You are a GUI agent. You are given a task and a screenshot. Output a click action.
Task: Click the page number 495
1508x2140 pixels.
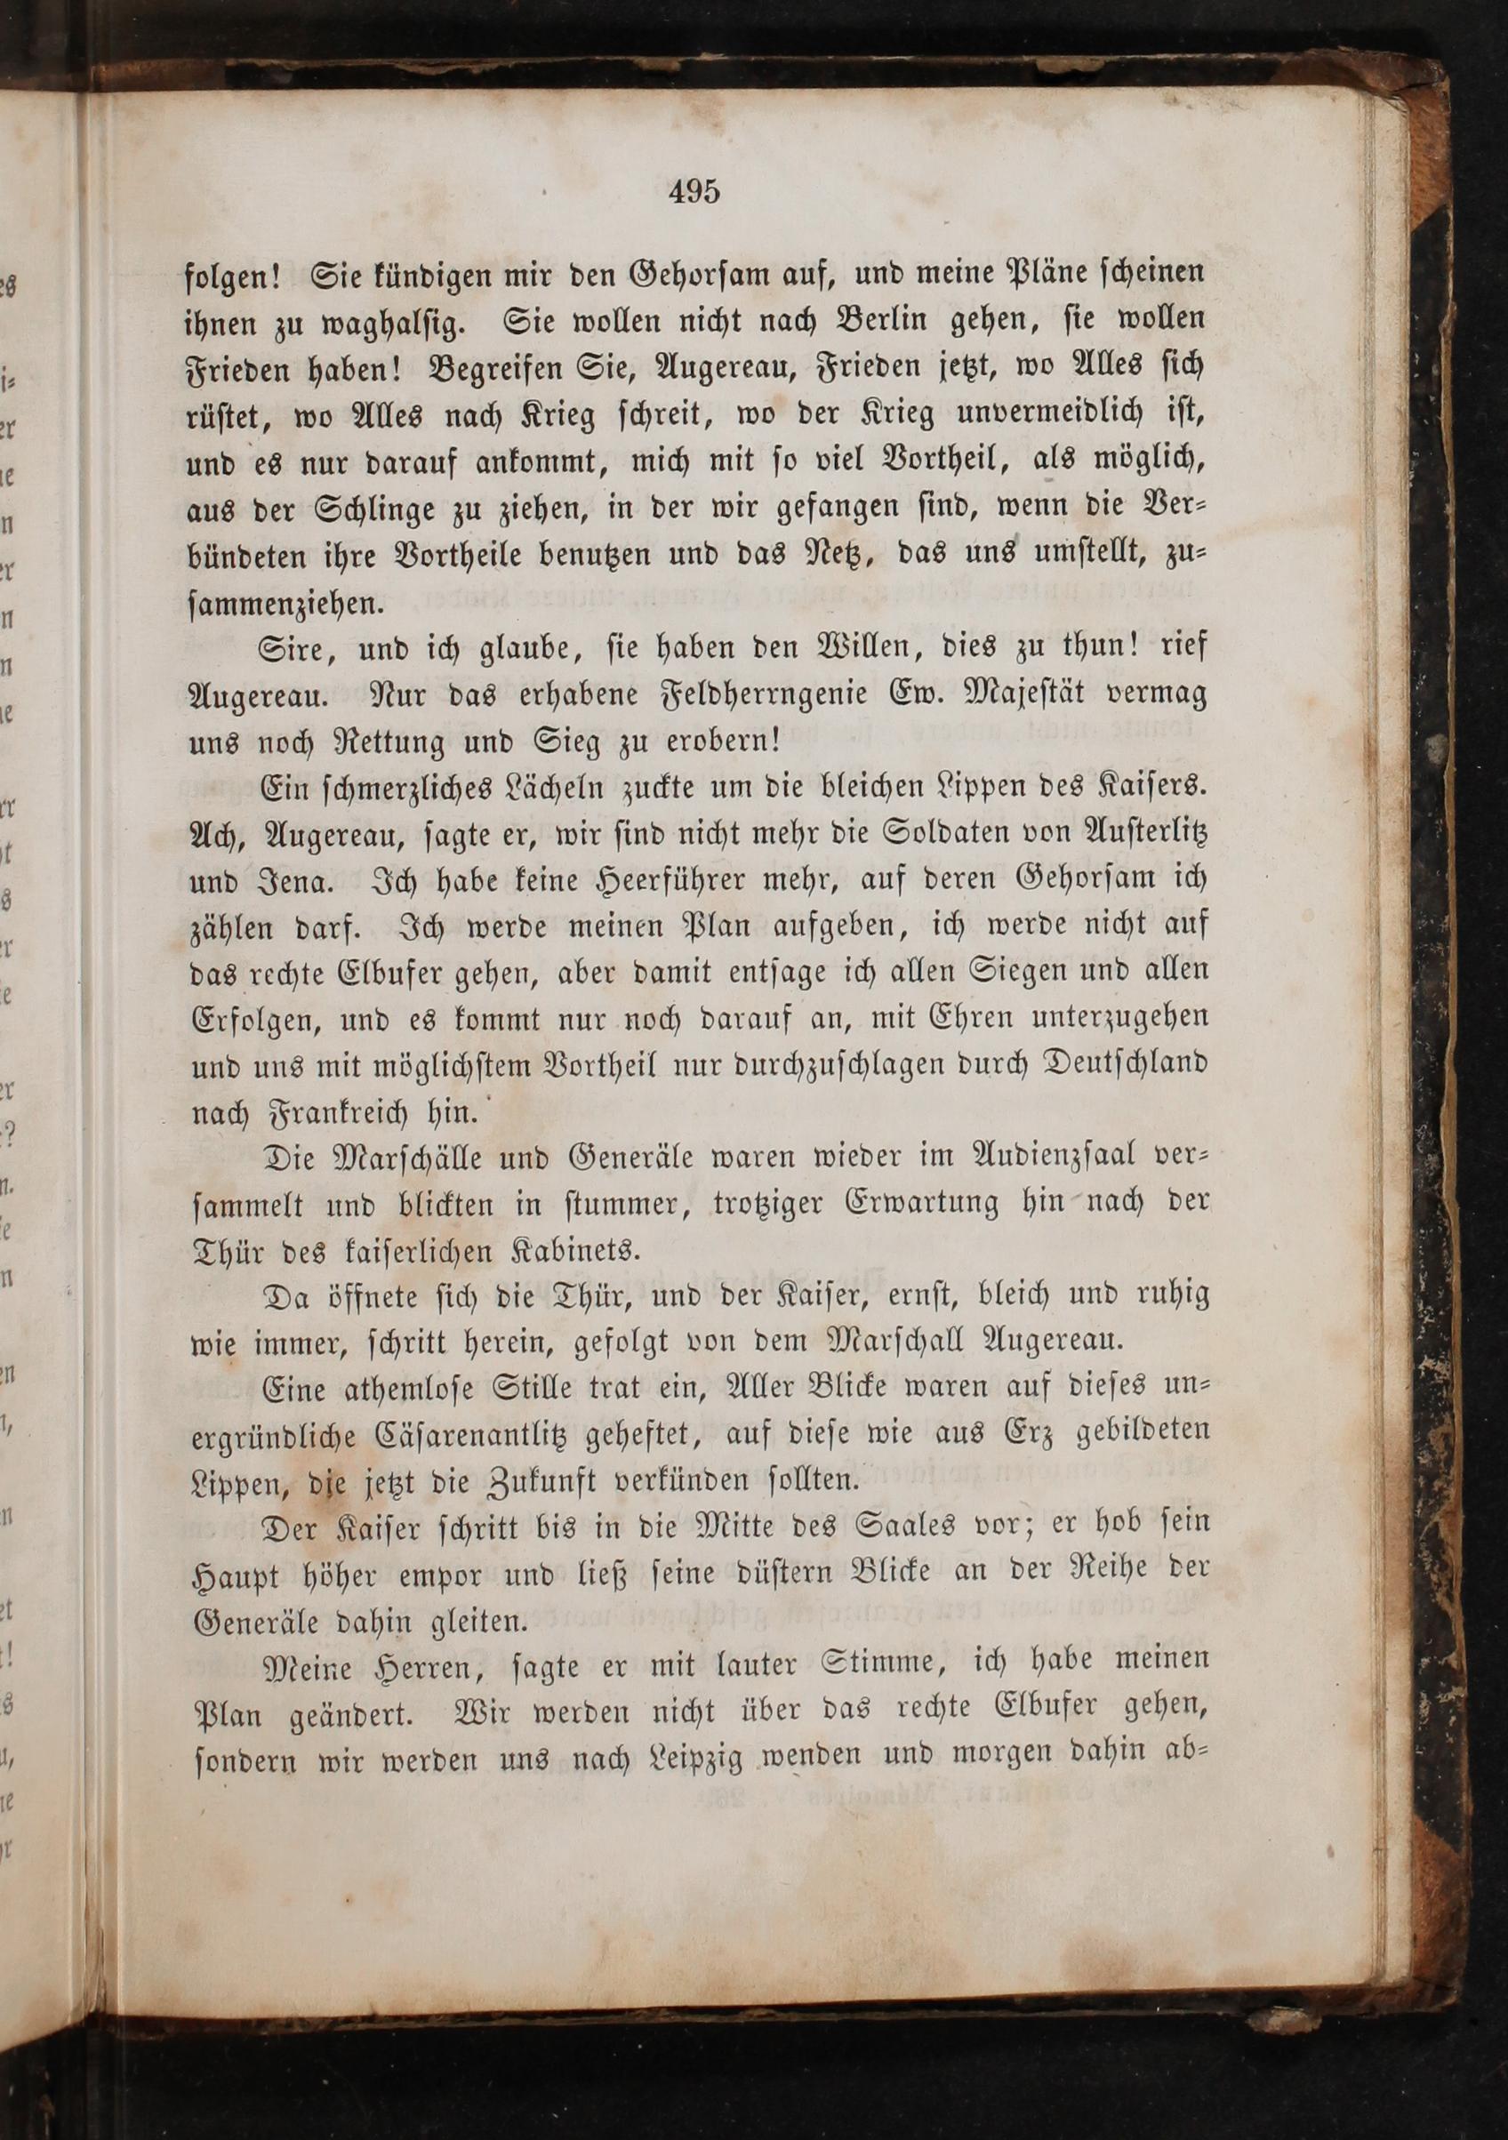(694, 192)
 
